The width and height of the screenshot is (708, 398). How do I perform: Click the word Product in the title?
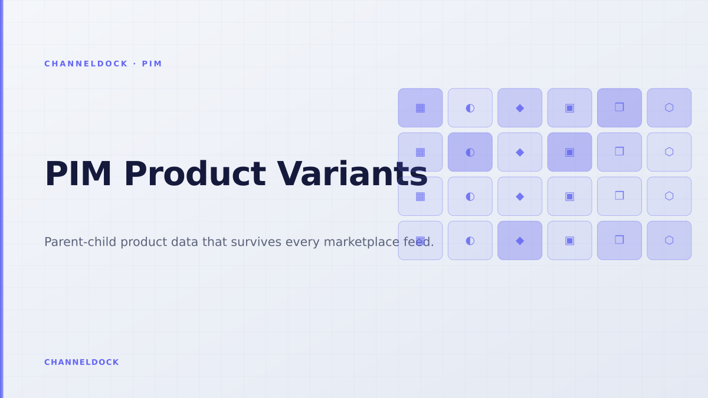[x=195, y=174]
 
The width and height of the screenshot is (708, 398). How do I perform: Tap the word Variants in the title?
[x=352, y=174]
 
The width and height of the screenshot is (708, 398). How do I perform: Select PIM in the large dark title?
[x=78, y=174]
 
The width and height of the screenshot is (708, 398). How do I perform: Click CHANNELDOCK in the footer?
[x=81, y=362]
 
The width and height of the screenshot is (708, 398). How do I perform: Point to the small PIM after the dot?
[x=152, y=64]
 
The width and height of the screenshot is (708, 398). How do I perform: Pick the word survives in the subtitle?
[x=256, y=242]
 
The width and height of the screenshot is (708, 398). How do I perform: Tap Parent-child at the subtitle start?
[x=80, y=242]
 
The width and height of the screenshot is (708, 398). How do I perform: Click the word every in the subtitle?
[x=303, y=242]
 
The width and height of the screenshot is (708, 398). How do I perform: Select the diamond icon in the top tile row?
[x=520, y=108]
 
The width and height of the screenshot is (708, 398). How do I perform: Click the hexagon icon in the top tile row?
[x=669, y=108]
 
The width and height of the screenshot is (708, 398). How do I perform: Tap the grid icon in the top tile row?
[x=420, y=108]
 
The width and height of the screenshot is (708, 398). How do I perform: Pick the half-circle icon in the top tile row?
[x=470, y=108]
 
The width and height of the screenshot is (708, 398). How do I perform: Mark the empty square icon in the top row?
[x=619, y=107]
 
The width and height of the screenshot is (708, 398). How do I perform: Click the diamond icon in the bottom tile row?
[x=520, y=241]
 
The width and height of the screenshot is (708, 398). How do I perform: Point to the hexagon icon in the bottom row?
[x=669, y=241]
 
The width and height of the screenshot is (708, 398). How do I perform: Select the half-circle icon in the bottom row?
[x=470, y=241]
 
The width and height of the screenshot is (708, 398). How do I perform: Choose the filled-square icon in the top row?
[x=569, y=108]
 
